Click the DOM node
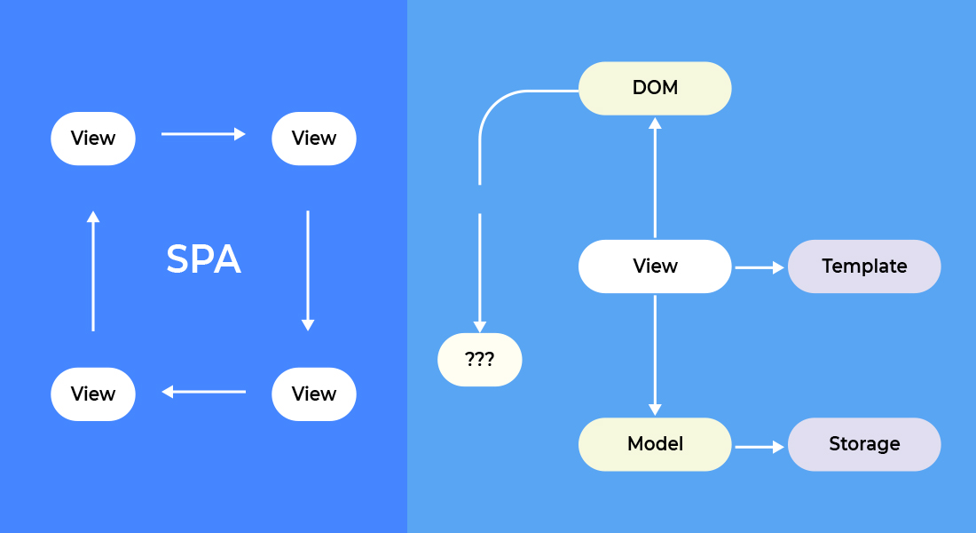[655, 88]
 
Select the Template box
[864, 266]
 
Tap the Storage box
[864, 444]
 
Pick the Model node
[655, 444]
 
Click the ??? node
[479, 360]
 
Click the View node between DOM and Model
[655, 266]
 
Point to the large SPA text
[203, 259]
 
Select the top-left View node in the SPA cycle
[93, 139]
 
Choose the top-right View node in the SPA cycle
[314, 139]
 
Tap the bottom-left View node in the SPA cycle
[93, 394]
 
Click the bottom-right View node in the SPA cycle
[314, 394]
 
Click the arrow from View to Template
[760, 267]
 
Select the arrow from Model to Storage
[760, 447]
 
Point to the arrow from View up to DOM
[655, 178]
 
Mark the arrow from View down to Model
[655, 355]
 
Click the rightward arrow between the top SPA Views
[203, 133]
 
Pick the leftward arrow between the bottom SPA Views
[203, 392]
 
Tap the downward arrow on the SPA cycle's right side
[308, 271]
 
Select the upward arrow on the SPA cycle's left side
[93, 271]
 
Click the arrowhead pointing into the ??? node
[479, 327]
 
